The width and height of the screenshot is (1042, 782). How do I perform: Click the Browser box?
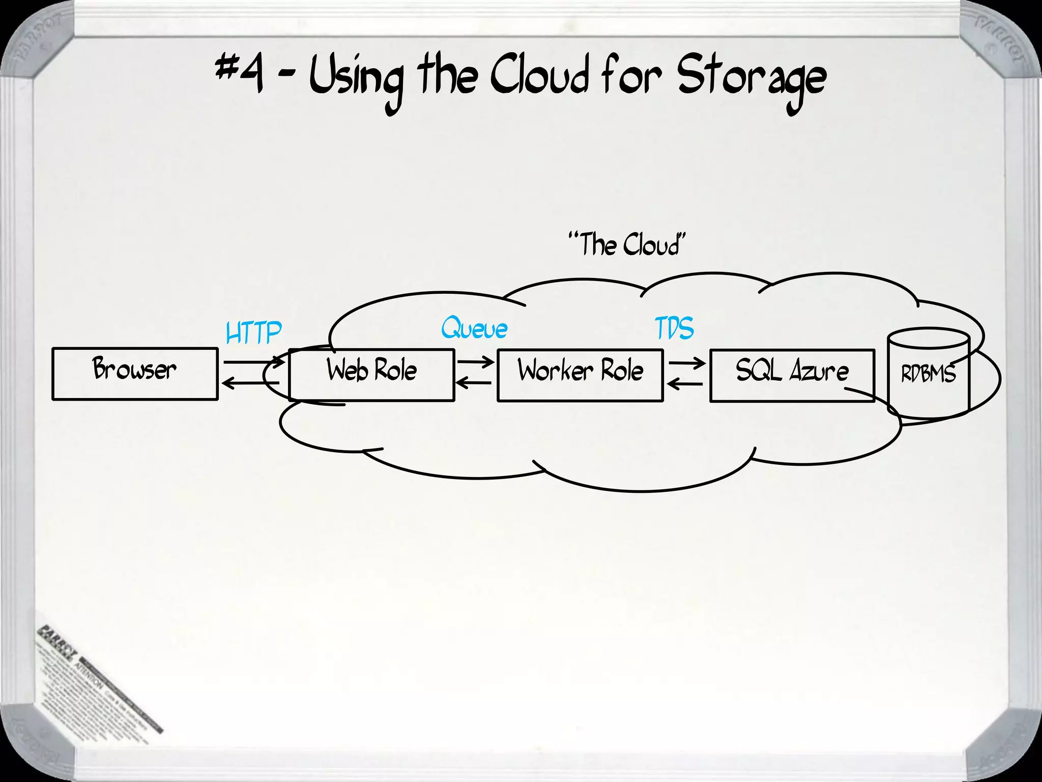135,374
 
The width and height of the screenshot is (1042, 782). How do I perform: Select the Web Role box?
371,375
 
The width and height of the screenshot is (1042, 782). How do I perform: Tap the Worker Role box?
580,375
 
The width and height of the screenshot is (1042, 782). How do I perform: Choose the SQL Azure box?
792,375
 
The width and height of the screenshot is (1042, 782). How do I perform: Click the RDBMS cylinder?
929,374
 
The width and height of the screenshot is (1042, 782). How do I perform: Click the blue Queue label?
474,328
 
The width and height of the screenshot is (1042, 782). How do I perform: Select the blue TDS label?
674,328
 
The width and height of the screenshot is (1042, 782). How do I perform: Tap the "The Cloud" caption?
627,244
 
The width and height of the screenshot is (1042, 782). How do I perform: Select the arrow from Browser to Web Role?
253,362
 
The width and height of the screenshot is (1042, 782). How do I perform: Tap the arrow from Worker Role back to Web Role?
473,383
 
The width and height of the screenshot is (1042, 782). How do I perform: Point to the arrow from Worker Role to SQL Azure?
686,363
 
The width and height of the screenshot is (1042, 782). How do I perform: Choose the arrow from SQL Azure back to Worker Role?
684,384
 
